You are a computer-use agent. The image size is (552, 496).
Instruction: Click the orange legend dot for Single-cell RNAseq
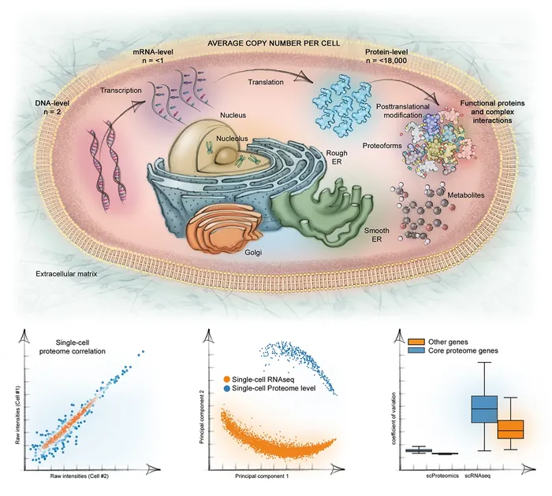(x=229, y=381)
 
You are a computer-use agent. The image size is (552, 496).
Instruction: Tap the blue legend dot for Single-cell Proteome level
(x=229, y=391)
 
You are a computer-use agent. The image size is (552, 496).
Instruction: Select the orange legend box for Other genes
(x=416, y=340)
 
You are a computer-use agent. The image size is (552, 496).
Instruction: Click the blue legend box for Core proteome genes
(x=416, y=351)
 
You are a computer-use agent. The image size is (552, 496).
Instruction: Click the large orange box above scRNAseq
(x=512, y=429)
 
